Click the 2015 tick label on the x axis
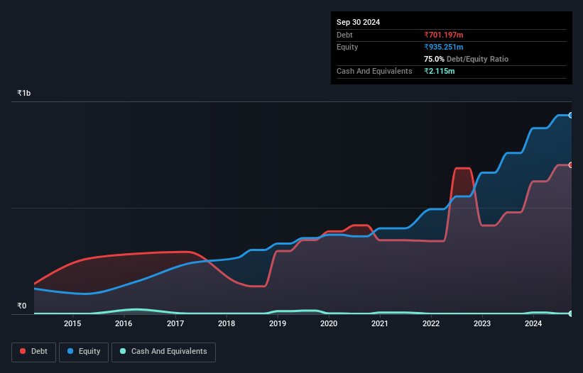72,324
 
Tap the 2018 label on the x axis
227,324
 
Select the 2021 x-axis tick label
380,324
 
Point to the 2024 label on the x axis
533,324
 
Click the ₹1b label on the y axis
24,94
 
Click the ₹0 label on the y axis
21,306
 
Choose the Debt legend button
33,352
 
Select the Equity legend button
85,352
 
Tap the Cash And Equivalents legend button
163,352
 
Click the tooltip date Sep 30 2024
358,22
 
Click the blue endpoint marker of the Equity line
570,115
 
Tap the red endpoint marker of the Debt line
570,165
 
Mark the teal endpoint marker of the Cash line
570,313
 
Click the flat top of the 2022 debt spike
462,169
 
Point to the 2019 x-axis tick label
278,324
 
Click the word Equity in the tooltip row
347,47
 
